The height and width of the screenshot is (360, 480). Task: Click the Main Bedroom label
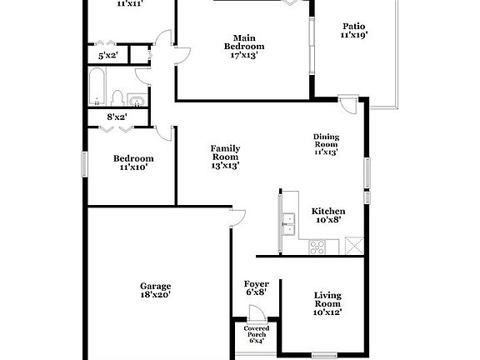point(244,47)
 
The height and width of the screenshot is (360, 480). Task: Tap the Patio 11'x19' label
point(354,30)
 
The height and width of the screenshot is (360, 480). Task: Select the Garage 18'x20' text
point(155,290)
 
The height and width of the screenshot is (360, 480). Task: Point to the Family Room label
point(225,157)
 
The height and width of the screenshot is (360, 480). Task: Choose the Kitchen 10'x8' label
point(328,217)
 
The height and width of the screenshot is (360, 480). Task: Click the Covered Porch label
point(256,333)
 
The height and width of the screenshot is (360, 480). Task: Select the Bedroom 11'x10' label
point(133,163)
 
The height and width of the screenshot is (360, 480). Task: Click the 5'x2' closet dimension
point(107,56)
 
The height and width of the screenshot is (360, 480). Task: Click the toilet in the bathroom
point(117,96)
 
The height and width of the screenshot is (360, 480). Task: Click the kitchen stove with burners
point(317,246)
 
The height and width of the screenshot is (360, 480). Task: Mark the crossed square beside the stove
point(353,245)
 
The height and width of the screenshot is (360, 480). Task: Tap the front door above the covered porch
point(257,314)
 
